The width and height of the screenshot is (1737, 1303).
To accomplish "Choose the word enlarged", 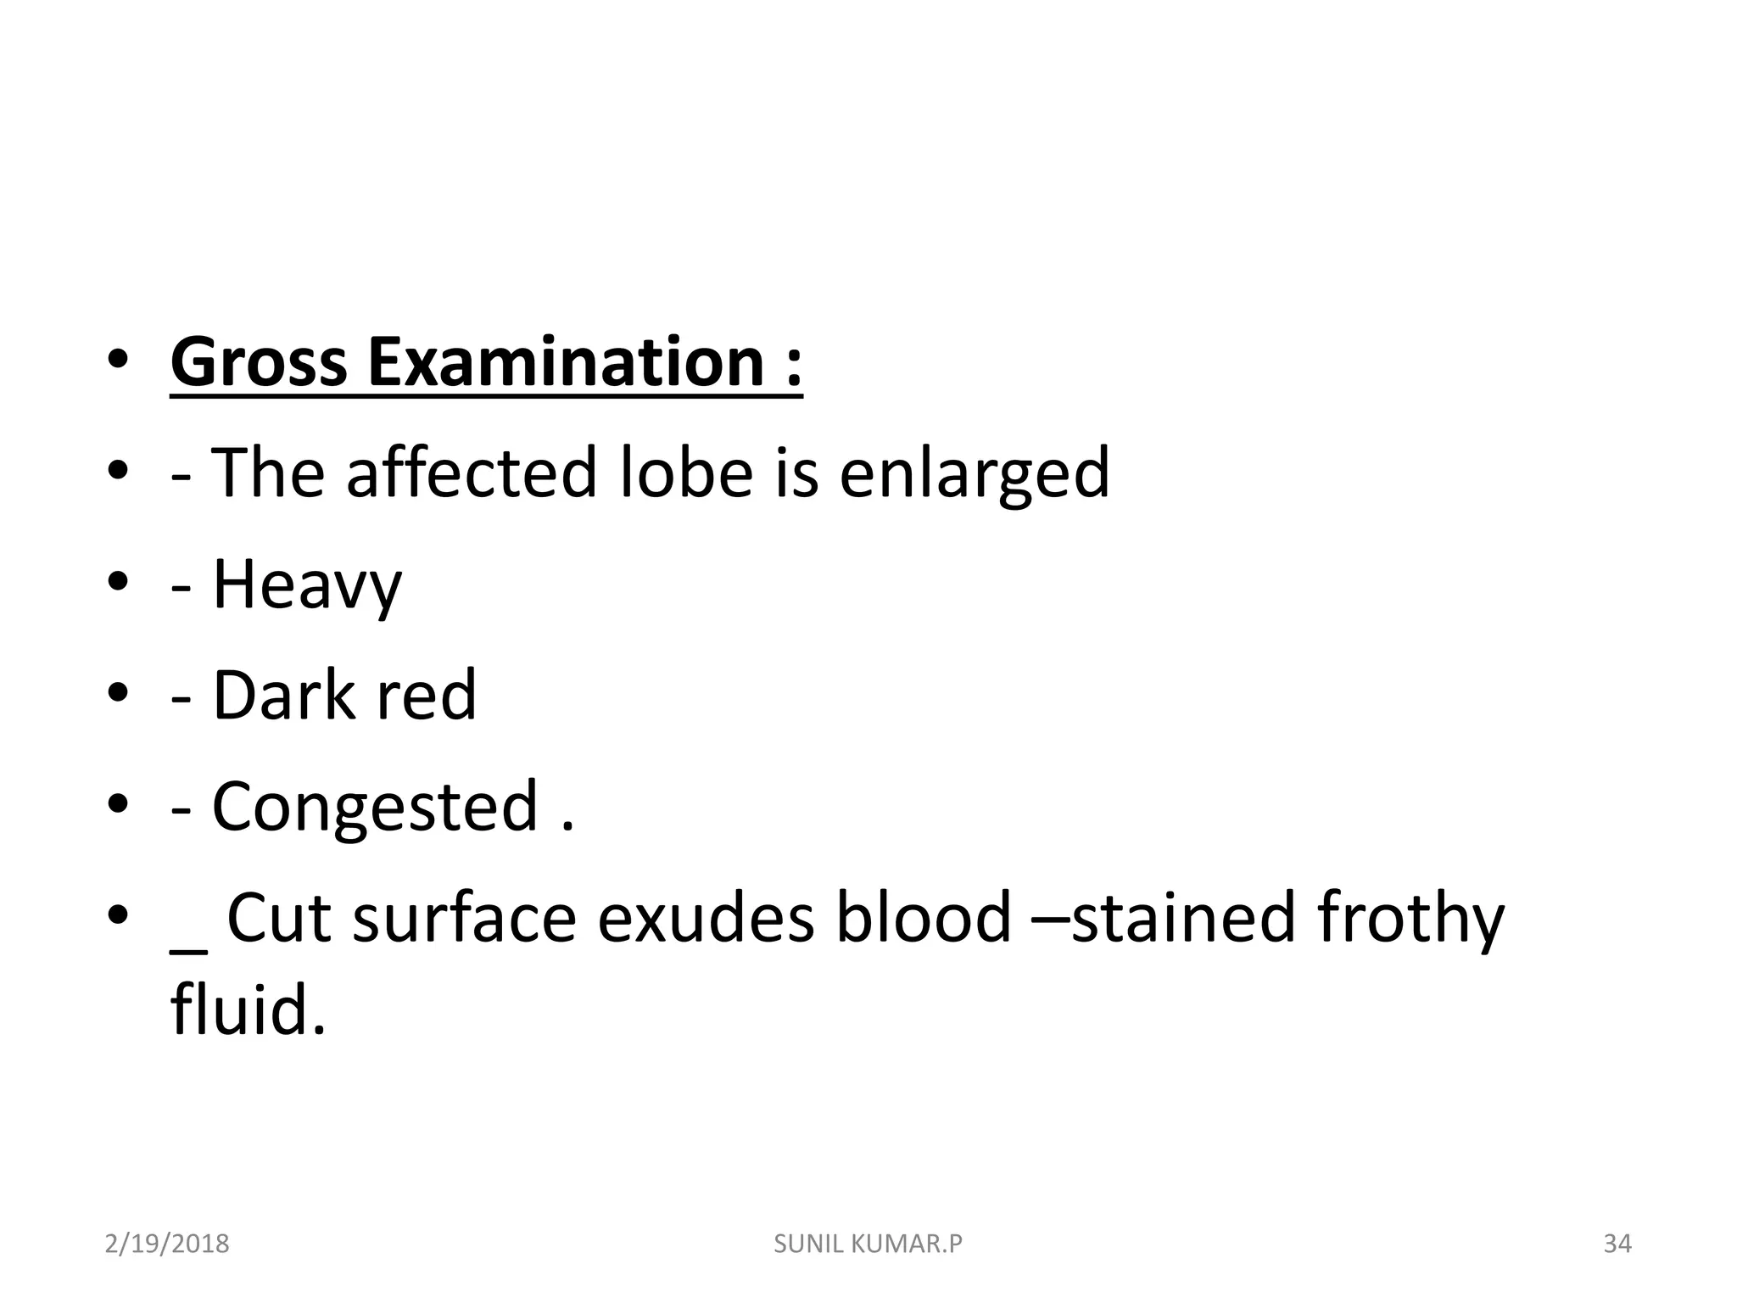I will click(x=974, y=473).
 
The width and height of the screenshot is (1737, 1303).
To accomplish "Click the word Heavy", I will click(x=306, y=585).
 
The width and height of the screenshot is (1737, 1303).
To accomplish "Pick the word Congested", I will click(x=375, y=807).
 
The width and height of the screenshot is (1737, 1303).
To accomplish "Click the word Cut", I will click(x=278, y=918).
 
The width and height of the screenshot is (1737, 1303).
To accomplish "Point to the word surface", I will click(x=464, y=918).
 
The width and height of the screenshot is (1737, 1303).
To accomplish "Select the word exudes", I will click(x=706, y=918).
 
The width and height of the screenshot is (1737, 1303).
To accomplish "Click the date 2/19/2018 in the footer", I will click(x=167, y=1244).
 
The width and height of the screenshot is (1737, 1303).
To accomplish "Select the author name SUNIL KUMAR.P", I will click(x=868, y=1244).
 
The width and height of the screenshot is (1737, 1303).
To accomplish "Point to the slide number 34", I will click(x=1617, y=1244).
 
